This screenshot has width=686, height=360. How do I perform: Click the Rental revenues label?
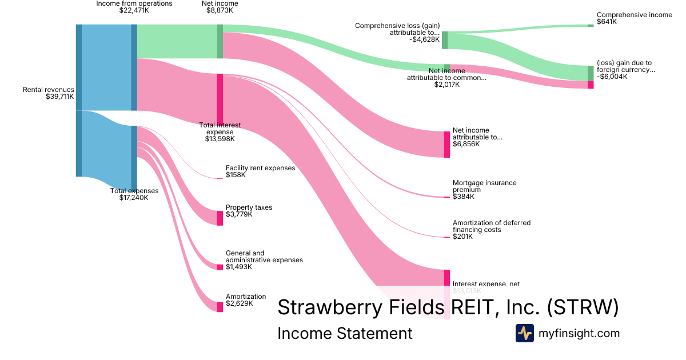point(49,90)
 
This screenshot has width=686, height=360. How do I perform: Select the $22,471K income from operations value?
point(134,10)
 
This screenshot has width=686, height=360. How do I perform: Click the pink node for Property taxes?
point(220,218)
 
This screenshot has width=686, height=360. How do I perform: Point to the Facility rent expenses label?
point(260,168)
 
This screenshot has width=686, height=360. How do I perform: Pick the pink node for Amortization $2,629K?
point(220,307)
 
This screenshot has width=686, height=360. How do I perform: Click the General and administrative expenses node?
point(220,267)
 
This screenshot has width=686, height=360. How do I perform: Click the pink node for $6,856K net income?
point(447,144)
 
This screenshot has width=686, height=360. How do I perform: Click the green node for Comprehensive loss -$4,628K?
point(445,40)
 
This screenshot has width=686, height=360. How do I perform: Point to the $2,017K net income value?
point(446,85)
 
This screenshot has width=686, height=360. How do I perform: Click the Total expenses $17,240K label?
point(134,194)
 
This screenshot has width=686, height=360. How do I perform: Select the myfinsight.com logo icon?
point(524,333)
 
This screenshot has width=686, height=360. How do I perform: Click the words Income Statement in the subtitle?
point(344,333)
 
